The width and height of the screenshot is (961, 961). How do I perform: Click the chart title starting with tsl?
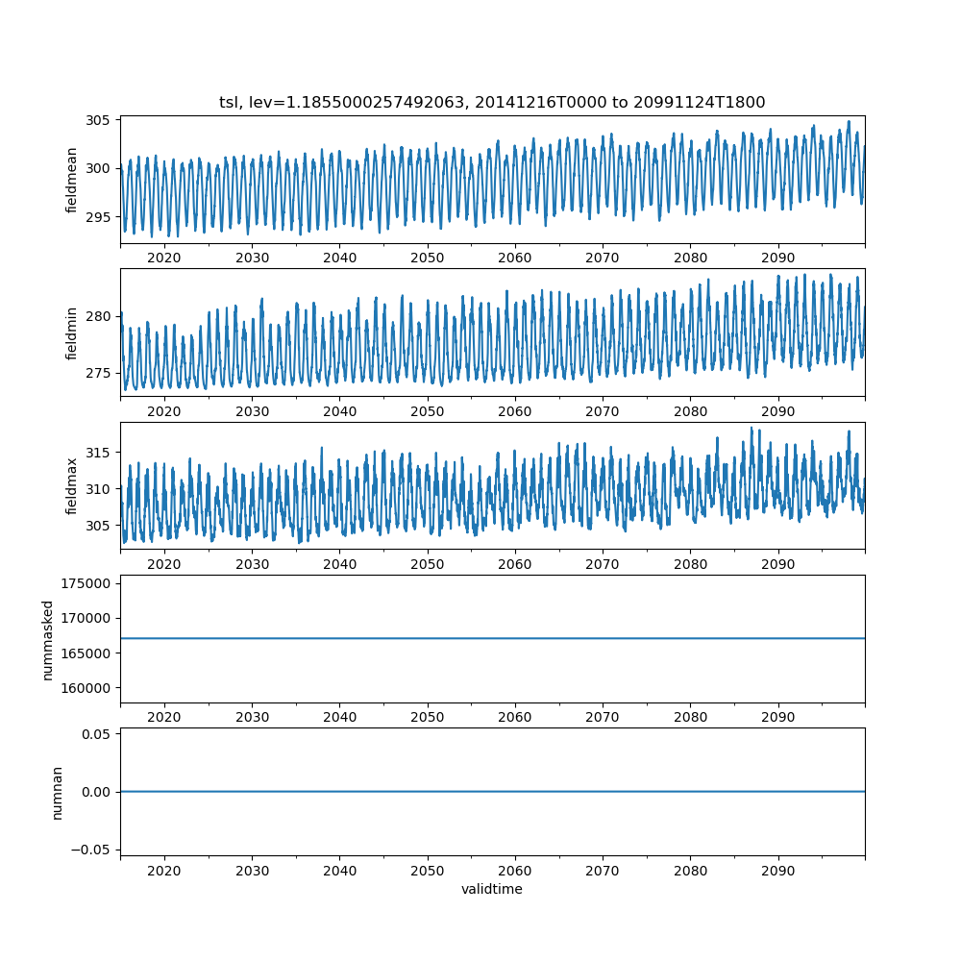click(x=492, y=103)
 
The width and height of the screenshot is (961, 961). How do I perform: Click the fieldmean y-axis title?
click(x=71, y=180)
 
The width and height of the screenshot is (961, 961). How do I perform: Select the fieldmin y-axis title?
click(x=71, y=333)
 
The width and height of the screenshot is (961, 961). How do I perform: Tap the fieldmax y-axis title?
click(x=71, y=486)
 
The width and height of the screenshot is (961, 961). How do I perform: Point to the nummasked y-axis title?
click(x=48, y=640)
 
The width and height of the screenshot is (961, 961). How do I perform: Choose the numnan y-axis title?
click(x=57, y=792)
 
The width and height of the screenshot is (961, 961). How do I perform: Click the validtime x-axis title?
click(x=492, y=889)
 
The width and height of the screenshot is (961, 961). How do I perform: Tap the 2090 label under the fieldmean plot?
click(x=777, y=259)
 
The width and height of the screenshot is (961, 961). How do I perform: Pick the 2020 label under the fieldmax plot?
click(x=164, y=564)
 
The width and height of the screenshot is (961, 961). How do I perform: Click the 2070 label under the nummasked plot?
click(x=603, y=717)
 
